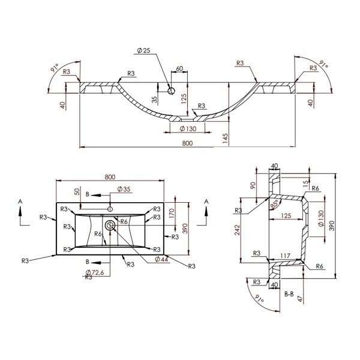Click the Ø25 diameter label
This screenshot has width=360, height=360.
click(x=143, y=50)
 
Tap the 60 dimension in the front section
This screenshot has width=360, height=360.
click(x=179, y=68)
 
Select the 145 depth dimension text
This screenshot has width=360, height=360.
click(x=225, y=139)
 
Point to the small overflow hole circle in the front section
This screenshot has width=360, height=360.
click(x=171, y=91)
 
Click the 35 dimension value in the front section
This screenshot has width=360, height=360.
click(x=155, y=100)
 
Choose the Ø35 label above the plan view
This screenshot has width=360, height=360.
click(x=124, y=189)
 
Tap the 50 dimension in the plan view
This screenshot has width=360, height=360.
click(x=77, y=191)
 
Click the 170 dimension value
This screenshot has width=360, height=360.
click(x=172, y=213)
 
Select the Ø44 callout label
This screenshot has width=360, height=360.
click(x=161, y=259)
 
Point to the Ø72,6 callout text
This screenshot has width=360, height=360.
click(x=95, y=272)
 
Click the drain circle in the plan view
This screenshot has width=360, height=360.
click(x=110, y=226)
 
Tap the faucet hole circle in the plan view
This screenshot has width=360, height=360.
click(x=110, y=209)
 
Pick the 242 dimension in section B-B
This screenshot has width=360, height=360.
click(x=238, y=230)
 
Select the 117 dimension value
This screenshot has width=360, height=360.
click(x=286, y=256)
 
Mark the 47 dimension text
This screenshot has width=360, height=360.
click(x=301, y=299)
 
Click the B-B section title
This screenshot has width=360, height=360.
click(x=289, y=294)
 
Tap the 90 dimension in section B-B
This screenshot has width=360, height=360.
click(x=253, y=185)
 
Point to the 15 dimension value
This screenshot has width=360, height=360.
click(x=305, y=184)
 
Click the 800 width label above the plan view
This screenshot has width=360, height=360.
click(x=110, y=177)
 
